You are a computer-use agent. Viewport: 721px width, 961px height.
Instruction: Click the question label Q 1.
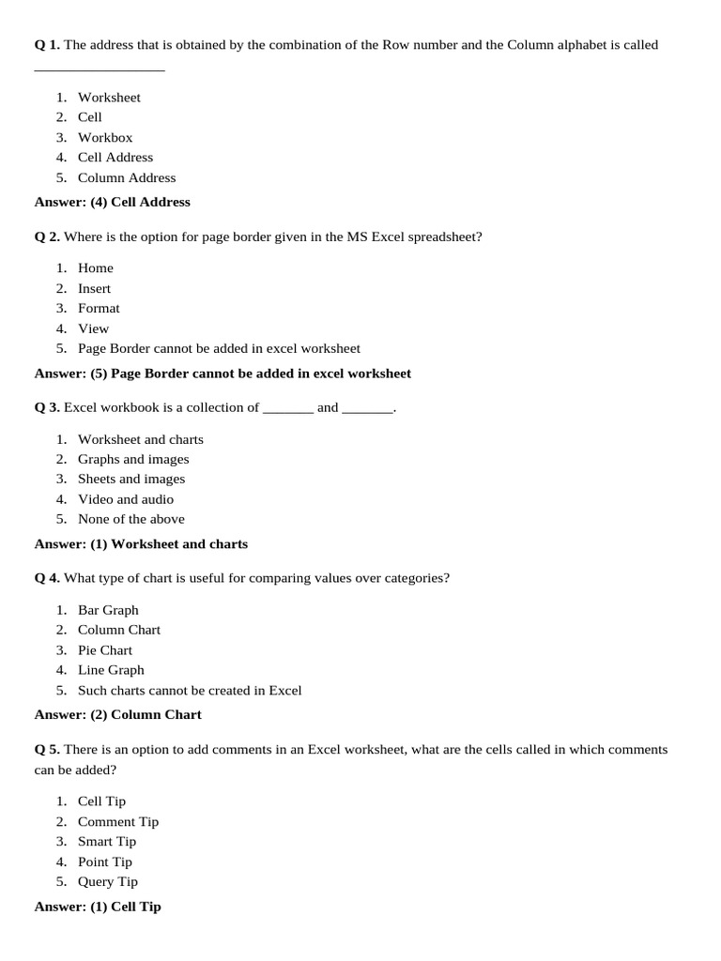(x=47, y=45)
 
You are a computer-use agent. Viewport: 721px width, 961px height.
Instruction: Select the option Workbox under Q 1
(x=105, y=137)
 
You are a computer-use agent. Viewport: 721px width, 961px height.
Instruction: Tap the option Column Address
(x=127, y=177)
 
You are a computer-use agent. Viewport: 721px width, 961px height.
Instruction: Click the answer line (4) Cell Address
(x=112, y=202)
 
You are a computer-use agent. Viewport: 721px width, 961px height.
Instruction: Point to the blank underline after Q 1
(x=100, y=69)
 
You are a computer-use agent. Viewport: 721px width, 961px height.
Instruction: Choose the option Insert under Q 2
(x=94, y=288)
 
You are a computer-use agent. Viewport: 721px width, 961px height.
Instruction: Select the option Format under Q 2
(x=99, y=308)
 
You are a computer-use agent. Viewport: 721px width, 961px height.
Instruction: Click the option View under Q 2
(x=93, y=328)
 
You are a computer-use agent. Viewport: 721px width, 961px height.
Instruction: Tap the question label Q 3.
(x=47, y=407)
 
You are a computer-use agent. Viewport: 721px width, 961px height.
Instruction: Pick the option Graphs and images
(x=133, y=459)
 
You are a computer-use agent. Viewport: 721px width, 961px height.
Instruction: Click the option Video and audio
(x=126, y=499)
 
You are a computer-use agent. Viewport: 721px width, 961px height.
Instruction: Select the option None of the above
(x=131, y=519)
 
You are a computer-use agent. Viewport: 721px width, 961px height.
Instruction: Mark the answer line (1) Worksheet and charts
(x=141, y=543)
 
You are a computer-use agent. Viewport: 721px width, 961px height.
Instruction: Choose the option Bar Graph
(x=108, y=610)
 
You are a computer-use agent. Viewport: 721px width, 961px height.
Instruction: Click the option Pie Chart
(x=105, y=649)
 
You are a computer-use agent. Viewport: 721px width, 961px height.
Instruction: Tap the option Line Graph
(x=111, y=670)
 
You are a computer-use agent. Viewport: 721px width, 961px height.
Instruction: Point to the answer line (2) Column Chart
(x=117, y=714)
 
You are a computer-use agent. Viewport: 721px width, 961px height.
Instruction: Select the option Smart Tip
(x=107, y=841)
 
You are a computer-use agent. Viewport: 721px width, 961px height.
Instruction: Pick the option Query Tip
(x=108, y=881)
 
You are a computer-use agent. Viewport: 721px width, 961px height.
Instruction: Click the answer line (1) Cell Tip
(x=98, y=907)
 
